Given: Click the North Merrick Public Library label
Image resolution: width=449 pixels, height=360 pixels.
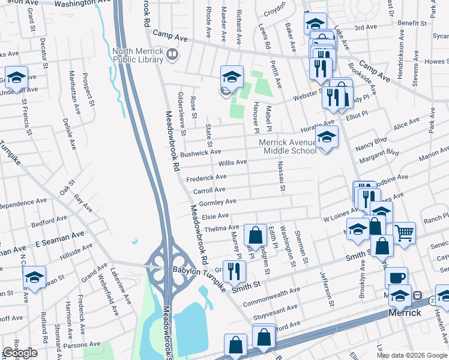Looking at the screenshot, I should pyautogui.click(x=137, y=55).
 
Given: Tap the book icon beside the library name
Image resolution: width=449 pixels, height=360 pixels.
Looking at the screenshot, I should pyautogui.click(x=173, y=55).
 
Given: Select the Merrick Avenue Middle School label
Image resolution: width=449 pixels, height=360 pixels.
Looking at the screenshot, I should pyautogui.click(x=287, y=146).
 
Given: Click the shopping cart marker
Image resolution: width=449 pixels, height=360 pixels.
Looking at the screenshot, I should pyautogui.click(x=404, y=232).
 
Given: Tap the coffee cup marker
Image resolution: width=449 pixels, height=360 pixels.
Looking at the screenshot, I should pyautogui.click(x=396, y=277).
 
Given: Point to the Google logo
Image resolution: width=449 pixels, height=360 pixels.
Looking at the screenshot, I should pyautogui.click(x=20, y=353).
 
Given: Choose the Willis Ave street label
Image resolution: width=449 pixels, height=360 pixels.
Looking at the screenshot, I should pyautogui.click(x=232, y=163).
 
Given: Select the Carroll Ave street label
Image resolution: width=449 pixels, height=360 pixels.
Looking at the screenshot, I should pyautogui.click(x=209, y=190).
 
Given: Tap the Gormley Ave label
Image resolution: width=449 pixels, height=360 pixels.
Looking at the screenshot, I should pyautogui.click(x=223, y=202).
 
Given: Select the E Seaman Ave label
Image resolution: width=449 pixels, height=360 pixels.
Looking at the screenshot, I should pyautogui.click(x=59, y=240).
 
